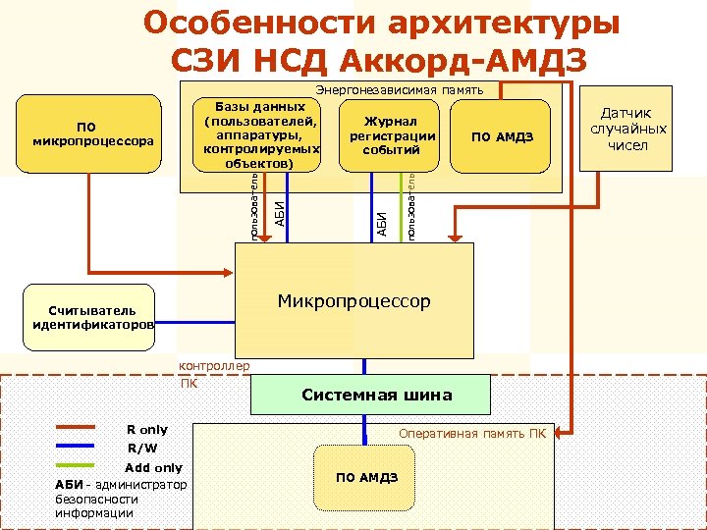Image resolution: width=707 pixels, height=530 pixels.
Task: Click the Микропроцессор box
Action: tap(353, 300)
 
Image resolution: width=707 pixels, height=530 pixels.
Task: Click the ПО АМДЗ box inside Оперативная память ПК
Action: tap(366, 477)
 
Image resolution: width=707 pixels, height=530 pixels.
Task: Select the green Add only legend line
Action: tap(75, 466)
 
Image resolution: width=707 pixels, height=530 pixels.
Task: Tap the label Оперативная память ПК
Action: tap(470, 433)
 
